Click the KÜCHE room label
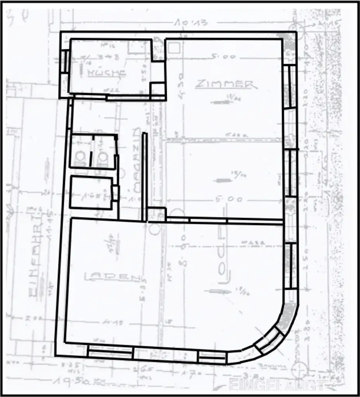106,73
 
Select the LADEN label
112,277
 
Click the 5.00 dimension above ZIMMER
223,57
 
